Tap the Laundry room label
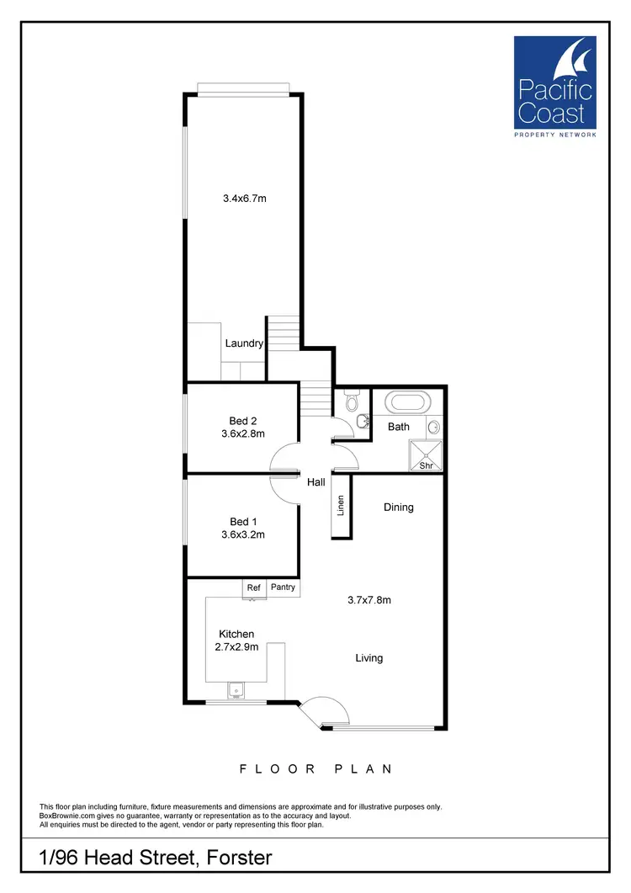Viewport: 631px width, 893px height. point(244,343)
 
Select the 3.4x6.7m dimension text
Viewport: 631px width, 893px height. point(245,199)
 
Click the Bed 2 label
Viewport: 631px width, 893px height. point(242,421)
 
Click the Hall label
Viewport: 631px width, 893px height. point(315,482)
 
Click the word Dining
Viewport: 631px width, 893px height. point(399,508)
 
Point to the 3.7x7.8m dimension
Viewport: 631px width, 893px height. point(369,600)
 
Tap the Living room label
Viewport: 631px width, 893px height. point(369,657)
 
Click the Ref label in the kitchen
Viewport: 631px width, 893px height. point(253,587)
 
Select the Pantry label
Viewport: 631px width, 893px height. point(283,587)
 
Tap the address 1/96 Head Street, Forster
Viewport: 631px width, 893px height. point(156,858)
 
